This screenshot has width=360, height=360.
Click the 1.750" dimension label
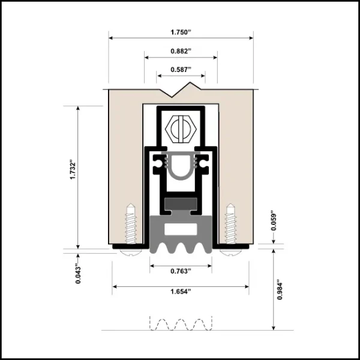point(181,32)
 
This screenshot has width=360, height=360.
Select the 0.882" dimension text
point(181,51)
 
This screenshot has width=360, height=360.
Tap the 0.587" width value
point(181,70)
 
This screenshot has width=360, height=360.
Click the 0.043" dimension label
point(78,275)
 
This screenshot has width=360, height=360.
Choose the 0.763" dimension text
point(181,271)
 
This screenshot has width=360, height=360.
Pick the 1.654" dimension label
point(181,292)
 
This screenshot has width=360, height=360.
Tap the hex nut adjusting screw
point(181,129)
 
